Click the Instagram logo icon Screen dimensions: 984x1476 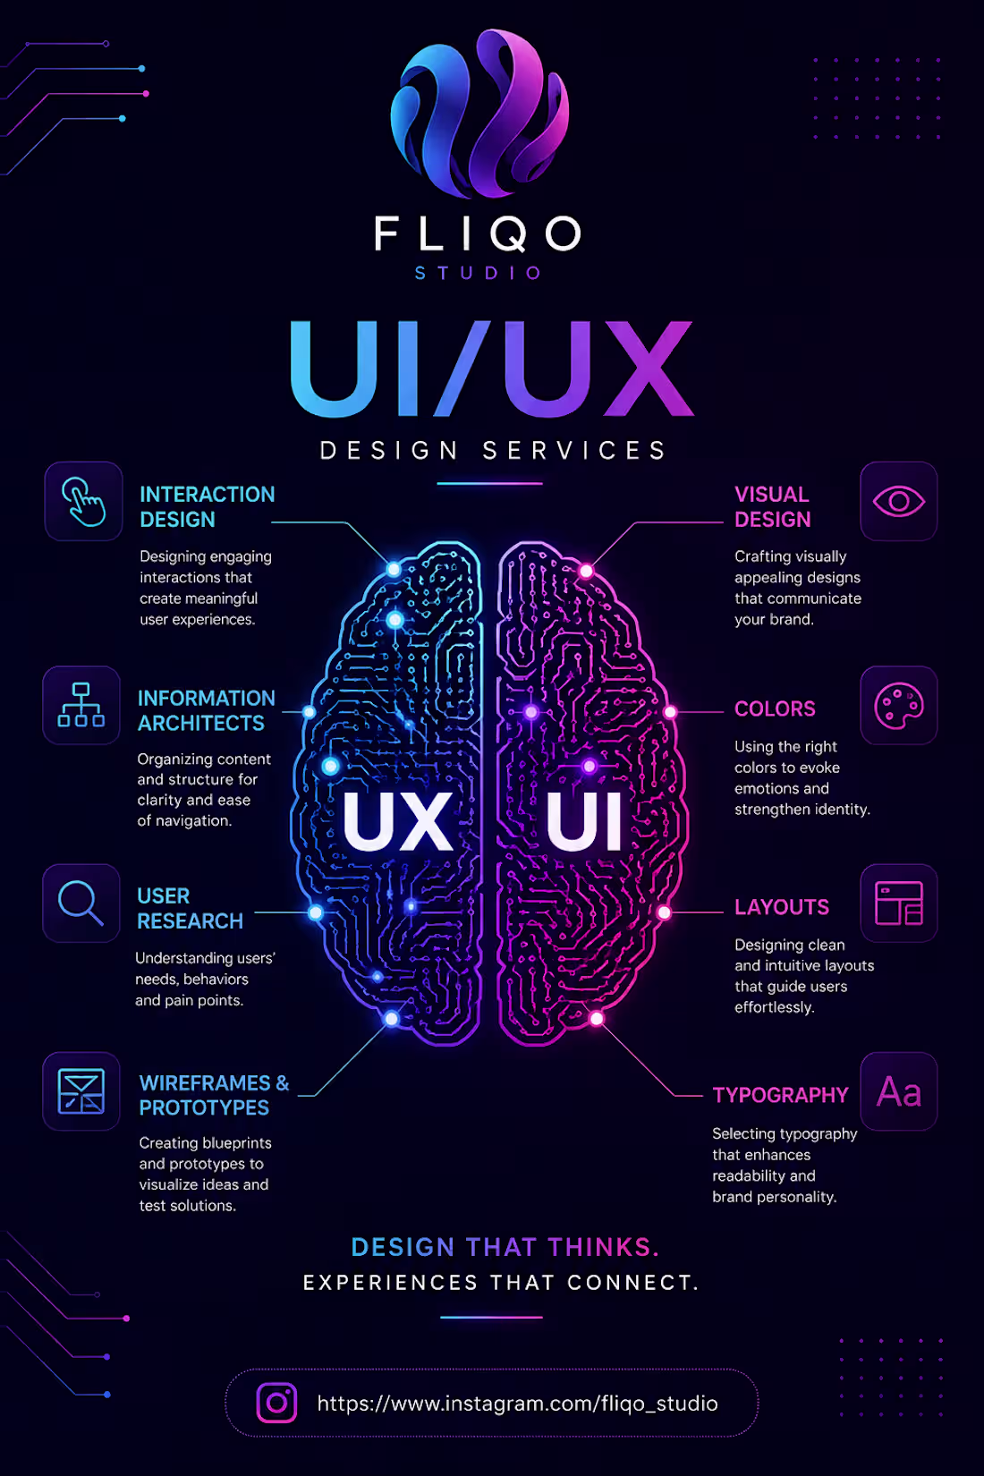pyautogui.click(x=276, y=1403)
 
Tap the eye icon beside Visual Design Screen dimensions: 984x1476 pyautogui.click(x=898, y=502)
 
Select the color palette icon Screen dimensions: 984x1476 pyautogui.click(x=898, y=706)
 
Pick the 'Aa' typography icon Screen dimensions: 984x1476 pyautogui.click(x=898, y=1092)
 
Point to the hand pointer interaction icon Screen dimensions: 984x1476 pyautogui.click(x=83, y=502)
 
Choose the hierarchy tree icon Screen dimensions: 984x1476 pyautogui.click(x=81, y=705)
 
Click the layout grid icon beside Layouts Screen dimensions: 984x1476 pyautogui.click(x=898, y=903)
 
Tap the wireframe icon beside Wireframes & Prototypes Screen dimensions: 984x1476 pyautogui.click(x=81, y=1091)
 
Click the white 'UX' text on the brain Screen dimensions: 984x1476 pyautogui.click(x=397, y=821)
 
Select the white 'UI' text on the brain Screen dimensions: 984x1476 pyautogui.click(x=584, y=821)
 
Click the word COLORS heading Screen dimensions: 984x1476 pyautogui.click(x=775, y=709)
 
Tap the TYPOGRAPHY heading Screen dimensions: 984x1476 pyautogui.click(x=780, y=1095)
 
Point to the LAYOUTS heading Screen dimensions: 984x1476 pyautogui.click(x=782, y=907)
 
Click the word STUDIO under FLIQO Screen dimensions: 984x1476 pyautogui.click(x=478, y=273)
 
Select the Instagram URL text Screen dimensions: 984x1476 pyautogui.click(x=517, y=1404)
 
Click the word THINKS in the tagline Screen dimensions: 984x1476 pyautogui.click(x=603, y=1247)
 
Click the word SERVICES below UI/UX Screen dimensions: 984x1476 pyautogui.click(x=573, y=451)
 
